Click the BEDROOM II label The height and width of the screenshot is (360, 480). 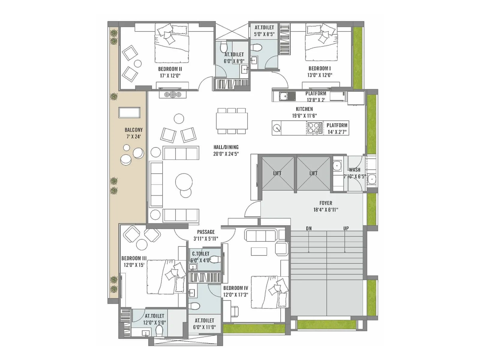pos(170,69)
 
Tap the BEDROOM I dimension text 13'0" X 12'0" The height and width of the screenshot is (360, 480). pos(319,75)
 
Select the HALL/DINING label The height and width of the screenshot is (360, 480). pos(226,147)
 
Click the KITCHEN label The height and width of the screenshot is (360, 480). pos(304,109)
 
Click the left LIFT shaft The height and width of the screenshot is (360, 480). pos(277,173)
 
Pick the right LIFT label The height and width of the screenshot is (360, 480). pos(313,173)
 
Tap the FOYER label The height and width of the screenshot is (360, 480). pos(325,203)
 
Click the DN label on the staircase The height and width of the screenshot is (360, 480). pos(309,229)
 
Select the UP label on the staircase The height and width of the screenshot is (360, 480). pos(346,229)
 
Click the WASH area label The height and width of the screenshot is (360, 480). pos(354,170)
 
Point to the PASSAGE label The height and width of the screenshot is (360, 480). pos(206,232)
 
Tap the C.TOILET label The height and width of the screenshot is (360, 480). pos(201,254)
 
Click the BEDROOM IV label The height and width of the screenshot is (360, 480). pos(235,288)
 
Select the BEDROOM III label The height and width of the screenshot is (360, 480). pos(134,258)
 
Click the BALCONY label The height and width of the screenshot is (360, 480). pos(133,130)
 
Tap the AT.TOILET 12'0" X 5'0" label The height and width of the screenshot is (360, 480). pos(154,319)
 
